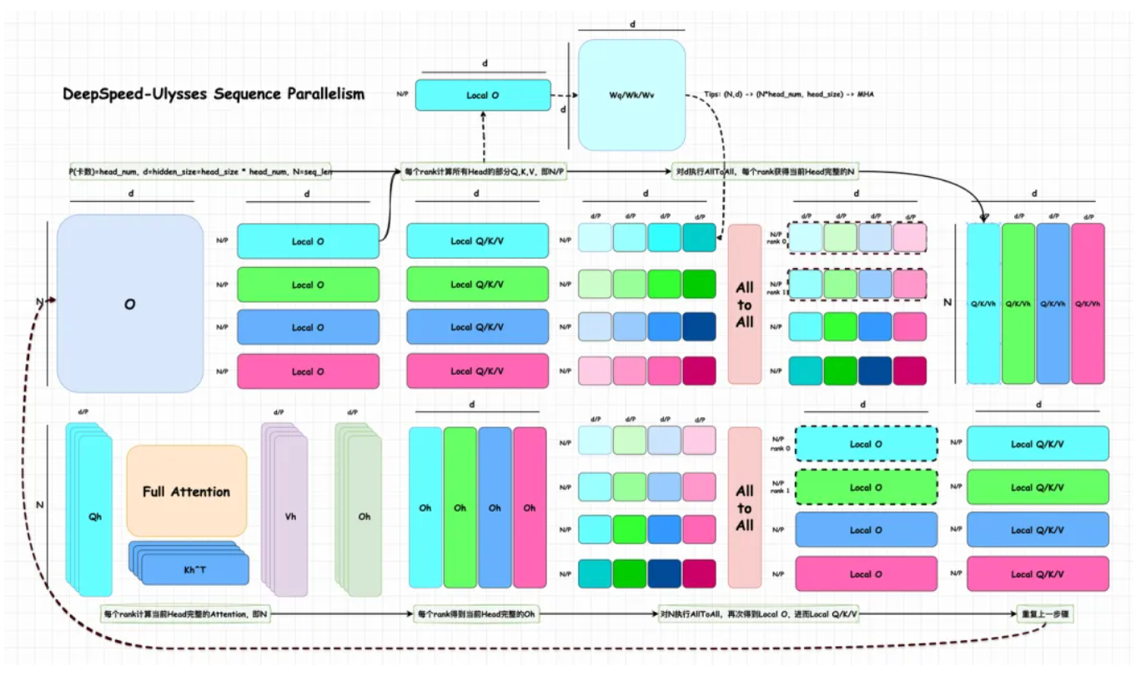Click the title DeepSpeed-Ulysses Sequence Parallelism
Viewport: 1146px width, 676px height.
[x=214, y=93]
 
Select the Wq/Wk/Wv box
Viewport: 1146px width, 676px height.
[x=632, y=95]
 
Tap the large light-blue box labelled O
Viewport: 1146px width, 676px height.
[x=130, y=304]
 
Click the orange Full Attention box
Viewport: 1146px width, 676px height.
[x=187, y=491]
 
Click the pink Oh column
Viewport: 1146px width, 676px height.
[x=530, y=507]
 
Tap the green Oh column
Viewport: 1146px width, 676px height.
[x=460, y=507]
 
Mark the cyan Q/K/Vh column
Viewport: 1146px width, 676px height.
[x=983, y=303]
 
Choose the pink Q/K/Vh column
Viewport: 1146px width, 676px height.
[x=1088, y=303]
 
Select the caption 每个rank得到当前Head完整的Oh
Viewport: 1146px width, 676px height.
[x=476, y=614]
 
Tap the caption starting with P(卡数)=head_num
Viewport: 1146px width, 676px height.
[x=200, y=172]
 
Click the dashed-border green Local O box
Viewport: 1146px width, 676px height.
[x=866, y=487]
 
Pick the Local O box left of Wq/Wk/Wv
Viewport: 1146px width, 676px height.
[x=483, y=95]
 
